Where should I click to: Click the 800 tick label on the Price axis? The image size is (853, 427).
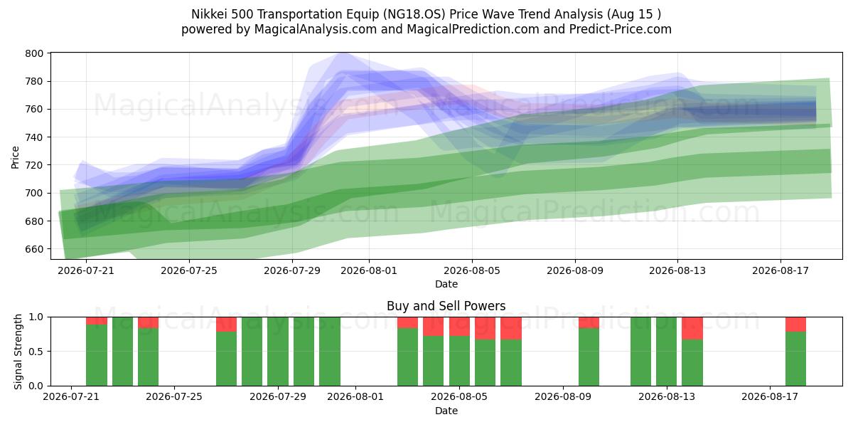click(34, 53)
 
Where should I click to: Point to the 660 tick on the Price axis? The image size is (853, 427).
click(34, 249)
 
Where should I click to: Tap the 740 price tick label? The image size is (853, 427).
click(34, 137)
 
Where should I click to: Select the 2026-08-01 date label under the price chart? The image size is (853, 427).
click(369, 270)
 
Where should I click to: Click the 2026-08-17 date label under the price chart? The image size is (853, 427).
click(780, 270)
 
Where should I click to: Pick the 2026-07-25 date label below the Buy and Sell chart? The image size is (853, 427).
click(174, 397)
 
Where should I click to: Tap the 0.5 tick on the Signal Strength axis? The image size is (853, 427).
click(36, 352)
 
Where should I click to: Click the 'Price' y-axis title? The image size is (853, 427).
click(15, 157)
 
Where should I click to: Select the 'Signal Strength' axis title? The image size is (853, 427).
click(18, 352)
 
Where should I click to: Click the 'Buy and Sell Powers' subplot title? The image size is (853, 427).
click(446, 306)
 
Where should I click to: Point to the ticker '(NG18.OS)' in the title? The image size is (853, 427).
click(414, 14)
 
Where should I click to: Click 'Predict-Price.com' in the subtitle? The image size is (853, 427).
click(621, 29)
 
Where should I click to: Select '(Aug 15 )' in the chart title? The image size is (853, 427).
click(634, 14)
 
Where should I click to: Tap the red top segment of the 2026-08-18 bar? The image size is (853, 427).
click(795, 325)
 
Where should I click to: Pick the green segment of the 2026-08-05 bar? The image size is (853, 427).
click(459, 361)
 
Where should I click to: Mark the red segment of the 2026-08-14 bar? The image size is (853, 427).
click(692, 328)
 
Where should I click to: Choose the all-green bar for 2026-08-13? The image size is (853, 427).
click(666, 352)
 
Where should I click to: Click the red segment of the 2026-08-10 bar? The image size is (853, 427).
click(589, 322)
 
